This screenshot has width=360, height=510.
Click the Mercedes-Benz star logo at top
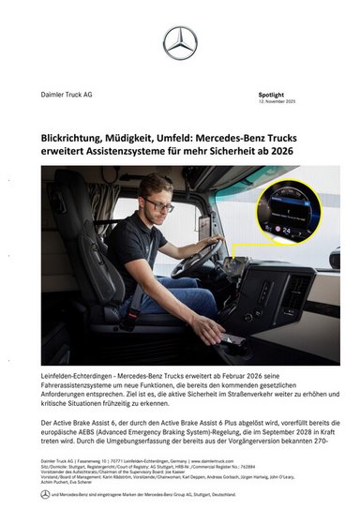coord(180,43)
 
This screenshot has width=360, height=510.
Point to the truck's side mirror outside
coord(334,257)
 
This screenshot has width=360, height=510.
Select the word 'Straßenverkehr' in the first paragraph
coord(254,393)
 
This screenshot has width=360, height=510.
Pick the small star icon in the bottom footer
coord(45,494)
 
